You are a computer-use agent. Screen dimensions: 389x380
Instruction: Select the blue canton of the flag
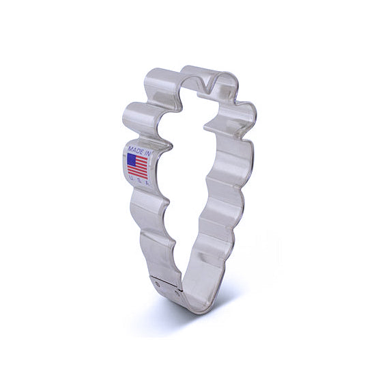click(x=131, y=159)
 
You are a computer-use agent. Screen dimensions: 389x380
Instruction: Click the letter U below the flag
click(x=130, y=178)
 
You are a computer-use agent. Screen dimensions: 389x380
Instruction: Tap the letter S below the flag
click(x=139, y=181)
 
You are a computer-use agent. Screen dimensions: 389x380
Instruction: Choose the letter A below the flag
click(x=147, y=183)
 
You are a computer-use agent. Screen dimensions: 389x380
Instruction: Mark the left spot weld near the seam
click(x=157, y=284)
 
